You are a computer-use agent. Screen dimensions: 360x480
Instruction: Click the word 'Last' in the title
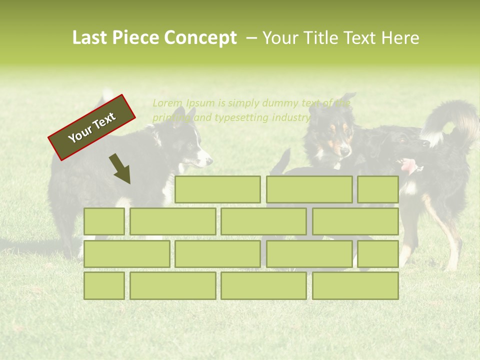pyautogui.click(x=90, y=38)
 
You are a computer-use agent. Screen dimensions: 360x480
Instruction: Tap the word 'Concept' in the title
pyautogui.click(x=201, y=38)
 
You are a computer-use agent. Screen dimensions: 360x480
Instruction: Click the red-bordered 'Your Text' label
pyautogui.click(x=92, y=127)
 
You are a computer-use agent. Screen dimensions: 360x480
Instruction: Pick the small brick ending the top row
pyautogui.click(x=378, y=189)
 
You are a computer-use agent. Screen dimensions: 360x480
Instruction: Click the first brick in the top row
pyautogui.click(x=217, y=189)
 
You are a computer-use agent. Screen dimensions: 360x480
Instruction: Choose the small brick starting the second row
pyautogui.click(x=104, y=221)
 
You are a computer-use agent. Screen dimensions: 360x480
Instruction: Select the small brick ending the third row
pyautogui.click(x=378, y=254)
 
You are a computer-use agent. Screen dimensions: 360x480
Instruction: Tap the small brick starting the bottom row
pyautogui.click(x=104, y=285)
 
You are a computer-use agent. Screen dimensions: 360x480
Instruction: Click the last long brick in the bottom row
pyautogui.click(x=355, y=285)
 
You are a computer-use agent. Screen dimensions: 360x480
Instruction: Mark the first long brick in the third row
pyautogui.click(x=126, y=254)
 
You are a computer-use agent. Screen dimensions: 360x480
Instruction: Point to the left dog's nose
pyautogui.click(x=209, y=161)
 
